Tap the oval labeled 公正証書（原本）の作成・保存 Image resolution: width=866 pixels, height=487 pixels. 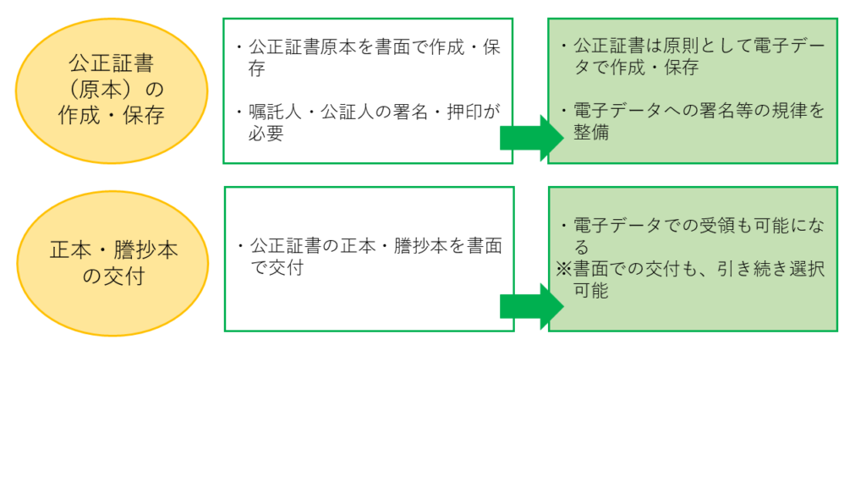[x=112, y=90]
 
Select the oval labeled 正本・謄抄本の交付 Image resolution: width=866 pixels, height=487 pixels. [x=112, y=262]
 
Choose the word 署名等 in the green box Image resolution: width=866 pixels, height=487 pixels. [x=726, y=112]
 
